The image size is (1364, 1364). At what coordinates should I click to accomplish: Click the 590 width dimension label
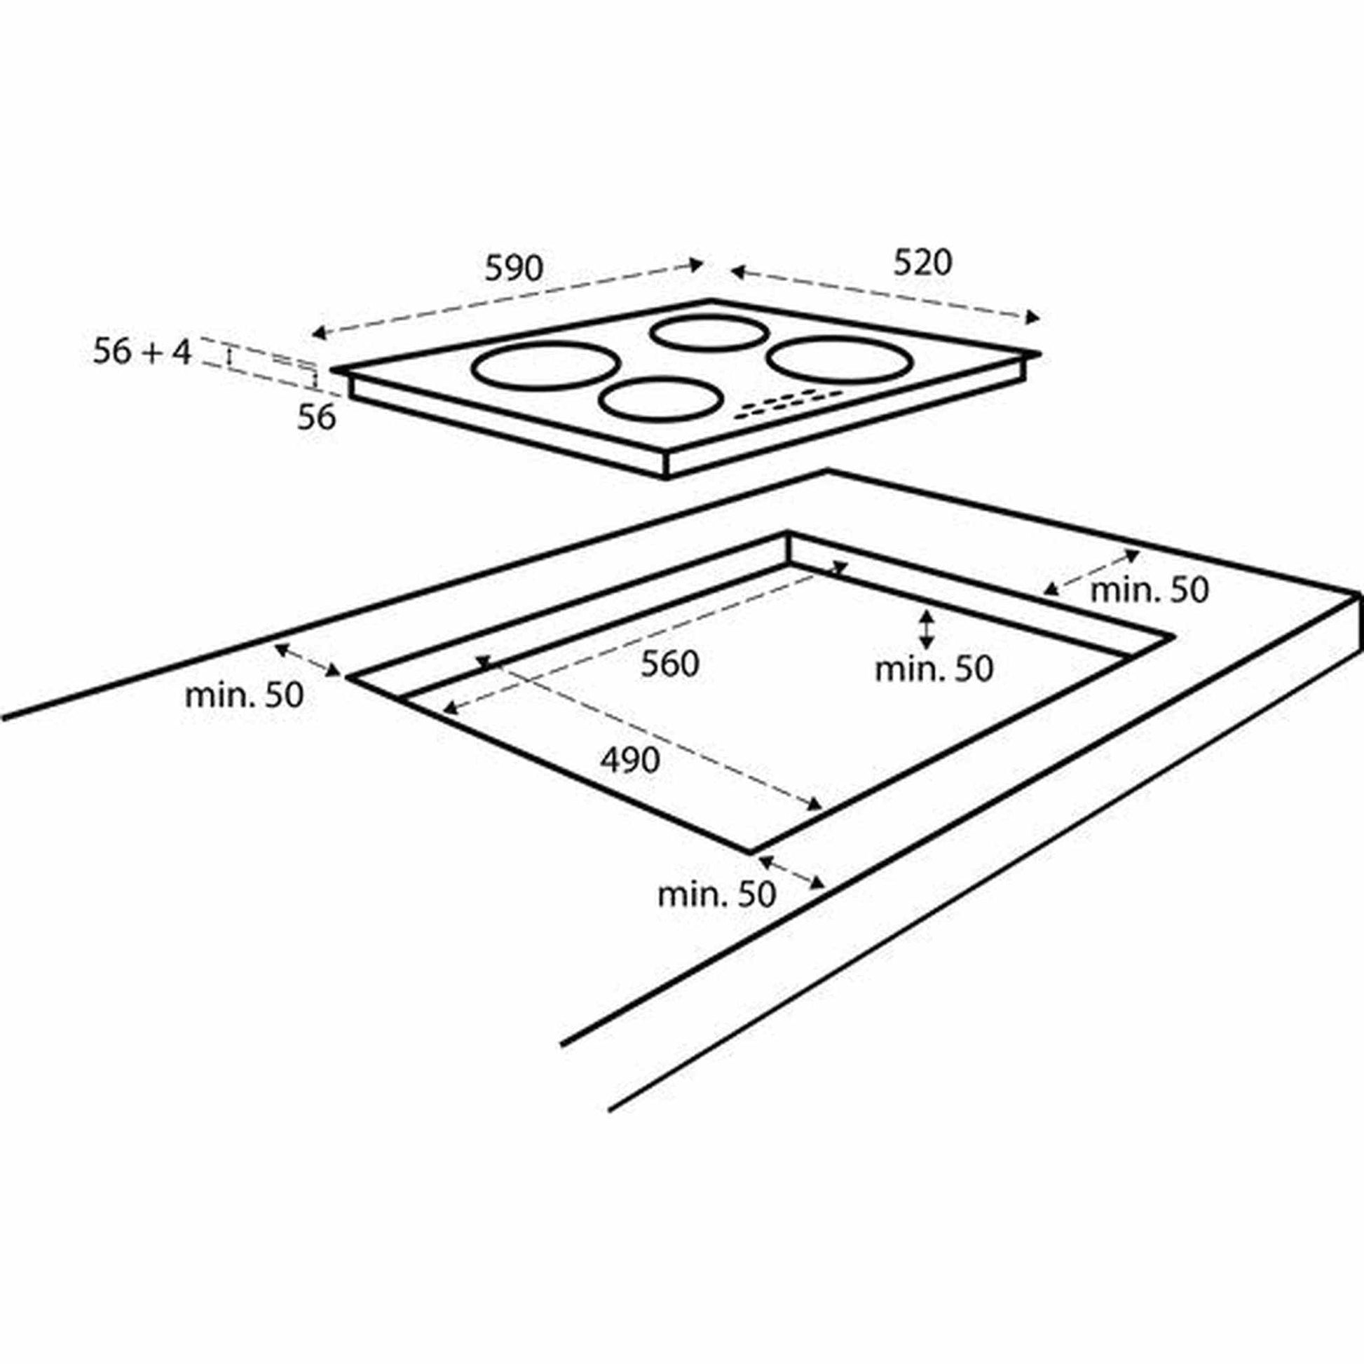pyautogui.click(x=514, y=269)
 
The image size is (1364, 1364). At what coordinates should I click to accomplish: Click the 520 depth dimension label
pyautogui.click(x=922, y=264)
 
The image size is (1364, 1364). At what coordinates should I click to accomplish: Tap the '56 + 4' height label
pyautogui.click(x=142, y=352)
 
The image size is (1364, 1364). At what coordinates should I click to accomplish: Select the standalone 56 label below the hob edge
pyautogui.click(x=316, y=418)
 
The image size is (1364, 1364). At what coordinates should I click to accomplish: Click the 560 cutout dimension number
pyautogui.click(x=669, y=664)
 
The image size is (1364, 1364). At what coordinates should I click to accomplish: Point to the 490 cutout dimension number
pyautogui.click(x=630, y=760)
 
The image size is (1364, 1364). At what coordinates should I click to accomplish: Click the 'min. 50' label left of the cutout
pyautogui.click(x=245, y=695)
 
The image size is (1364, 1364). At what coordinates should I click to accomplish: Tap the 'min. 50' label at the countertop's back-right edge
pyautogui.click(x=1150, y=590)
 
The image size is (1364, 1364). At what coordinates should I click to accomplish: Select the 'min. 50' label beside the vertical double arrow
pyautogui.click(x=934, y=669)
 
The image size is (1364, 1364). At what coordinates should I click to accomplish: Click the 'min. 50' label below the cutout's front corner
pyautogui.click(x=716, y=894)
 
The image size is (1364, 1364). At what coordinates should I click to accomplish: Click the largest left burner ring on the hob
pyautogui.click(x=545, y=366)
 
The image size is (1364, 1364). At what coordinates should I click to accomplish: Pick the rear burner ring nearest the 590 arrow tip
pyautogui.click(x=708, y=332)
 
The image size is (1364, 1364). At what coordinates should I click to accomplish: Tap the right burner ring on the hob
pyautogui.click(x=838, y=360)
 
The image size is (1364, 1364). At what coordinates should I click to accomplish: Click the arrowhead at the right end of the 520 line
pyautogui.click(x=1034, y=318)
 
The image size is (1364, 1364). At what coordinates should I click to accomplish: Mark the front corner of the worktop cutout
pyautogui.click(x=750, y=852)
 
